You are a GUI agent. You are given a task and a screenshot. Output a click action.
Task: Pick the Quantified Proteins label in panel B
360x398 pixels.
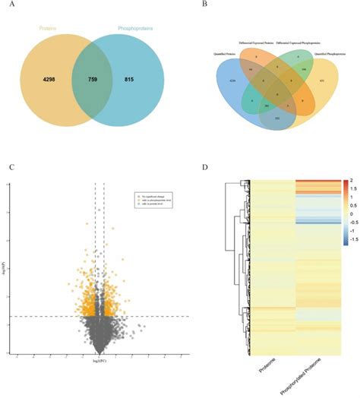tap(216, 54)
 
